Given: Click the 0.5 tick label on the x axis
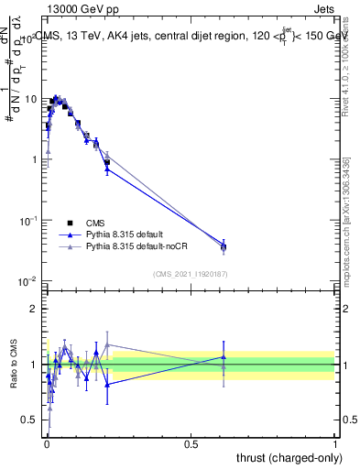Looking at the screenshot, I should coord(191,442).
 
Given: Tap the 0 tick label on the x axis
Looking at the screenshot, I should coord(47,442).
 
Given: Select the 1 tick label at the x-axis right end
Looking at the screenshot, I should coord(335,442).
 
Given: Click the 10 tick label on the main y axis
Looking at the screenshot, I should coord(30,99).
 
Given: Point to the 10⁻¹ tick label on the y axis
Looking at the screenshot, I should coord(28,220).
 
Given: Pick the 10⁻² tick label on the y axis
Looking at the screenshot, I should coord(28,280).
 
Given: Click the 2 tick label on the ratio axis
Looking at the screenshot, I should coord(35,309).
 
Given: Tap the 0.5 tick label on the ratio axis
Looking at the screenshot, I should coord(30,420).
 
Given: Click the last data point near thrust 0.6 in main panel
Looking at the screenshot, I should coord(224,246).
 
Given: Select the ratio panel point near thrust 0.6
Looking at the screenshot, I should coord(224,358).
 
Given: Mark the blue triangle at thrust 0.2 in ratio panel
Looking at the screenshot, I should coord(107,385).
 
